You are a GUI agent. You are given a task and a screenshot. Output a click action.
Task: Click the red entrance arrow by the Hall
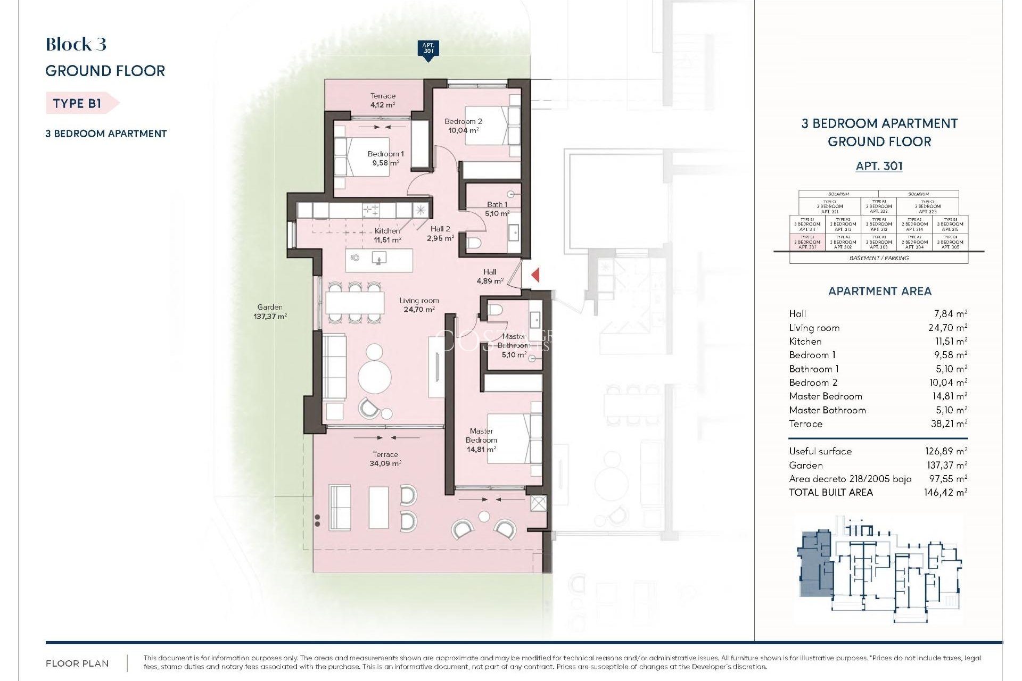click(x=535, y=275)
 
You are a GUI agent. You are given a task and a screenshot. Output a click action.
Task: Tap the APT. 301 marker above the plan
click(x=428, y=49)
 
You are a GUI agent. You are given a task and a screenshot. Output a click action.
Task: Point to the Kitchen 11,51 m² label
click(x=387, y=235)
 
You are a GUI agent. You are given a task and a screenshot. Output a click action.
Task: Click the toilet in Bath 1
click(x=474, y=244)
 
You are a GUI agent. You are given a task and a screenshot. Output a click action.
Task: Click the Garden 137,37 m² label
click(x=270, y=311)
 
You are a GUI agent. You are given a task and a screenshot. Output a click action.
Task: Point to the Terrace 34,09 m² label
click(x=385, y=459)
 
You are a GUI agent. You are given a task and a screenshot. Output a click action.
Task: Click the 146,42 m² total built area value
click(x=945, y=493)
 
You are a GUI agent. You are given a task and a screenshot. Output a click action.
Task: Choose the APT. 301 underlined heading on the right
click(x=879, y=166)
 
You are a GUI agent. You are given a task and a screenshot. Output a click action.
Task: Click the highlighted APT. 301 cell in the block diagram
click(x=807, y=243)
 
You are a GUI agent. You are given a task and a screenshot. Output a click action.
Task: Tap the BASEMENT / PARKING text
click(x=879, y=258)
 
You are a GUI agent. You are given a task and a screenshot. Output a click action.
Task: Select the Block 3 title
click(x=76, y=44)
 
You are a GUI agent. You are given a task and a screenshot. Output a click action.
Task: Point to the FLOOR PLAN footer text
click(x=77, y=663)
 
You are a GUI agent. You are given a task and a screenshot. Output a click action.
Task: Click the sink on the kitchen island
click(x=378, y=259)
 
